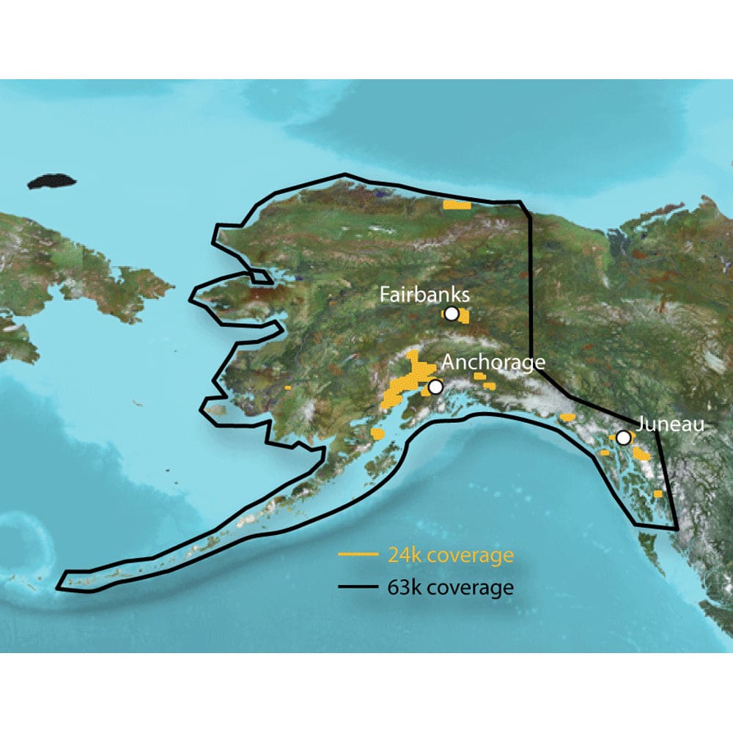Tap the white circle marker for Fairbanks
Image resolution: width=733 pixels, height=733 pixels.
coord(452,314)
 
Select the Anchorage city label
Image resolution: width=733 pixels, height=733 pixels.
coord(493,363)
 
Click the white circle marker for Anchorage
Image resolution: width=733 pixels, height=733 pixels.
coord(435,386)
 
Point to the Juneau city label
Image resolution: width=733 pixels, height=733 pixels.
coord(670,424)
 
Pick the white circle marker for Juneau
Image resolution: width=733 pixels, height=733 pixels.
coord(623,438)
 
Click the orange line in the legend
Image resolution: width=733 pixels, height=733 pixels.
coord(357,555)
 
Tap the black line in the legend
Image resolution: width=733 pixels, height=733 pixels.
coord(357,588)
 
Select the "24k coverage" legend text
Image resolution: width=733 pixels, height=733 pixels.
coord(450,556)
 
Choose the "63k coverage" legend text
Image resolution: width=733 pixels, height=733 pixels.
coord(450,588)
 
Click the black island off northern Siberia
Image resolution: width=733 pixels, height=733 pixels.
coord(52,181)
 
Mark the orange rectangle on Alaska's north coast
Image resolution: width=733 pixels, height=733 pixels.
coord(457,205)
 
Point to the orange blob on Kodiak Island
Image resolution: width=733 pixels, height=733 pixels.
coord(378,434)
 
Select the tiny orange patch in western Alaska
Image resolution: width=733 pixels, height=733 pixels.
coord(289,386)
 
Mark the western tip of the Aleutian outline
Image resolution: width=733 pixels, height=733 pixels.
coord(65,579)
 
